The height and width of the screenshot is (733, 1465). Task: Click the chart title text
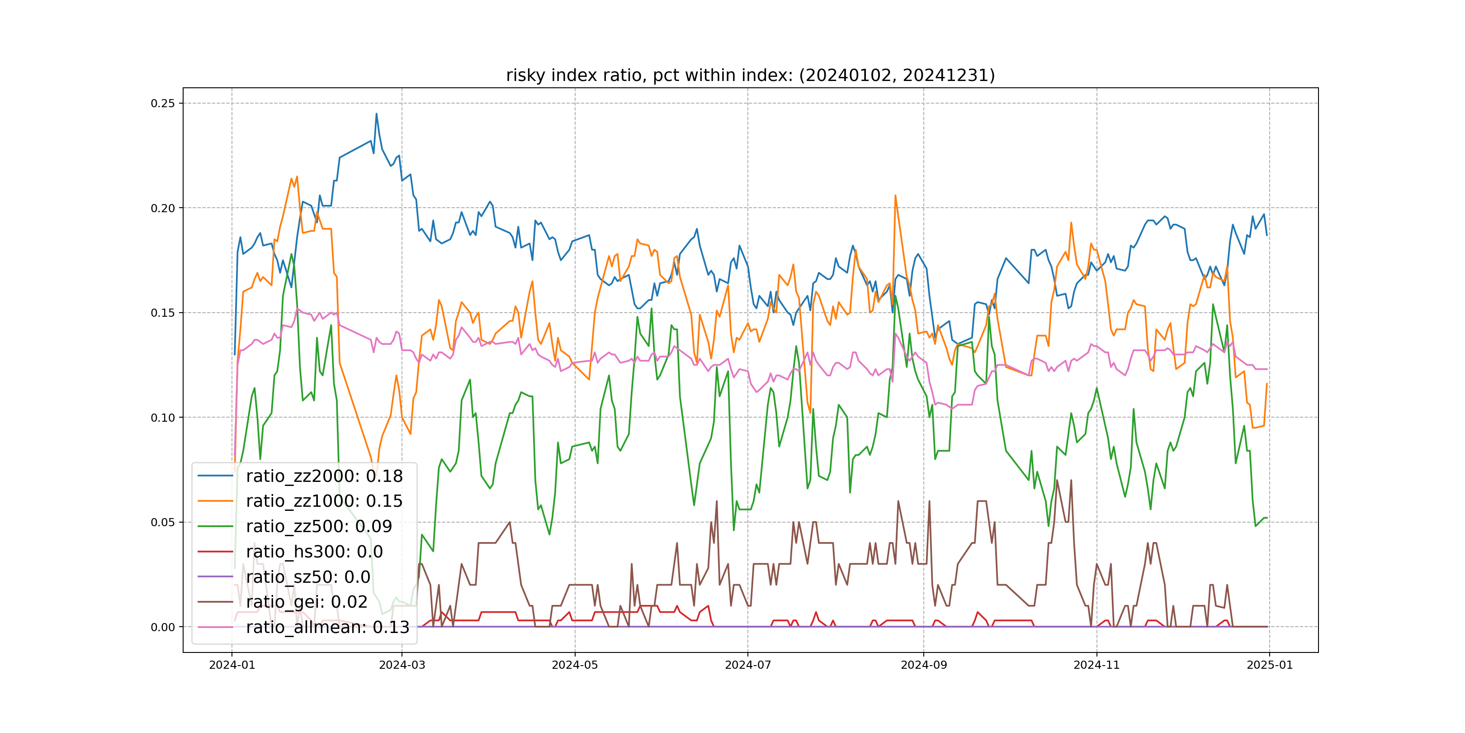[x=750, y=76]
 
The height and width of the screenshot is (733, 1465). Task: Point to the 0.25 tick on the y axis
[x=163, y=103]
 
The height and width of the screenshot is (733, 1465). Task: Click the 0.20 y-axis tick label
[x=163, y=208]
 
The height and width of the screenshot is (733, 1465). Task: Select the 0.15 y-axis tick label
[x=163, y=313]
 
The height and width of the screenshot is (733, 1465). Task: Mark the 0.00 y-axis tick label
[x=163, y=627]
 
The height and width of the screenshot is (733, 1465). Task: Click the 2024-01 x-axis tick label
[x=232, y=665]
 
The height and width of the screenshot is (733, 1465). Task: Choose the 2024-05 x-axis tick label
[x=575, y=665]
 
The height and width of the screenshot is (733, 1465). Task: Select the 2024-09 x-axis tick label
[x=924, y=665]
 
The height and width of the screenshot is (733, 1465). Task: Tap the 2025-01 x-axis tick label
[x=1269, y=665]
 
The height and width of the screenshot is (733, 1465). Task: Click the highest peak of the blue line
[x=376, y=114]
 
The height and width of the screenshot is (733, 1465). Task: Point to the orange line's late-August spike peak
[x=895, y=196]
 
